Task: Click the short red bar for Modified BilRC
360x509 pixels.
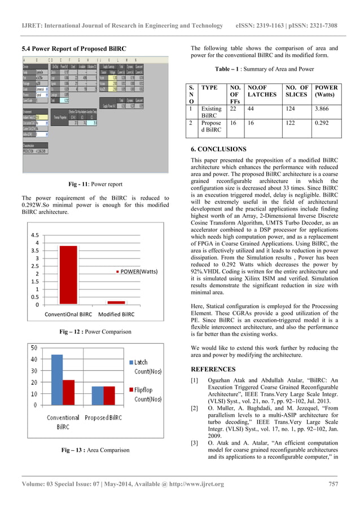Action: pyautogui.click(x=116, y=302)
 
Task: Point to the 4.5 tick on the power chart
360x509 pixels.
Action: pyautogui.click(x=34, y=235)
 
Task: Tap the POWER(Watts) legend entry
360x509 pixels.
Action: pyautogui.click(x=137, y=271)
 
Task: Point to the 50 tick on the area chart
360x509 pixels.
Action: pyautogui.click(x=34, y=348)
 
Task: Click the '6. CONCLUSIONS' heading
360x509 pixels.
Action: pyautogui.click(x=218, y=149)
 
